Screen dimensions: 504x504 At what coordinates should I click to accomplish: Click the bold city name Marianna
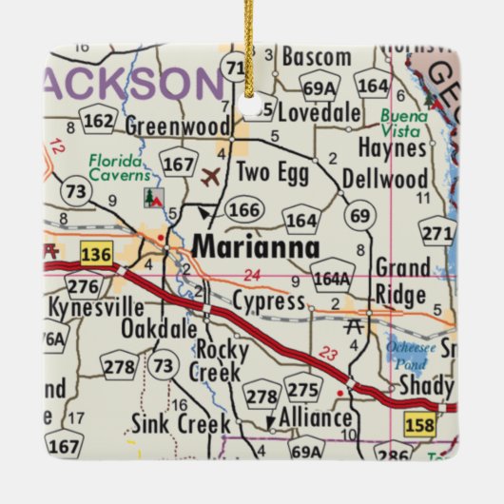click(256, 245)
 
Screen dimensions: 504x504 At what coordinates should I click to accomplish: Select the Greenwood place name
click(178, 126)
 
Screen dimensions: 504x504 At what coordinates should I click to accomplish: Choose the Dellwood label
click(384, 180)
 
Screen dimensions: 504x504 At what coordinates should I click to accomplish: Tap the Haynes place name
click(393, 148)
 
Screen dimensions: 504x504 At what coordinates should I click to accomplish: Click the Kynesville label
click(94, 307)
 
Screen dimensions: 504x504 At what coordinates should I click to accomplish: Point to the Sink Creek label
click(175, 422)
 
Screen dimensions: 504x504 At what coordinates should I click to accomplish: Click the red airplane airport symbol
click(210, 176)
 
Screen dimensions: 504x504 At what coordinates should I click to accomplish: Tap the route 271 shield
click(437, 233)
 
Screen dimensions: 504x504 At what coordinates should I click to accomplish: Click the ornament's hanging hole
click(252, 105)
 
